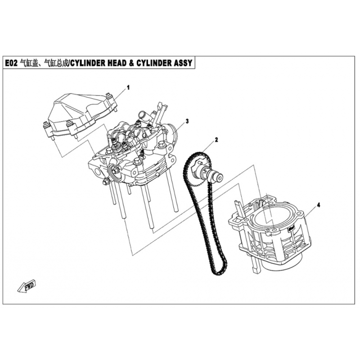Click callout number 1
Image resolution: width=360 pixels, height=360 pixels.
[x=128, y=87]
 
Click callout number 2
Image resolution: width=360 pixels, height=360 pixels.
[x=216, y=139]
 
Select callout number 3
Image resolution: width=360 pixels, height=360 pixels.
[x=187, y=121]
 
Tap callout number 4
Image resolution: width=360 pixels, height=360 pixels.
[x=318, y=205]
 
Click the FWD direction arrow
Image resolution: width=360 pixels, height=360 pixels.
[x=27, y=286]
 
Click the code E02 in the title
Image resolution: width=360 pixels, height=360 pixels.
[x=11, y=63]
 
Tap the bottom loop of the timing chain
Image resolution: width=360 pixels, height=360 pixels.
[x=219, y=271]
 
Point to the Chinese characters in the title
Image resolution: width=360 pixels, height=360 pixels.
[x=43, y=63]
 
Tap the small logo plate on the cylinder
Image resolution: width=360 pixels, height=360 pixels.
[x=291, y=229]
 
